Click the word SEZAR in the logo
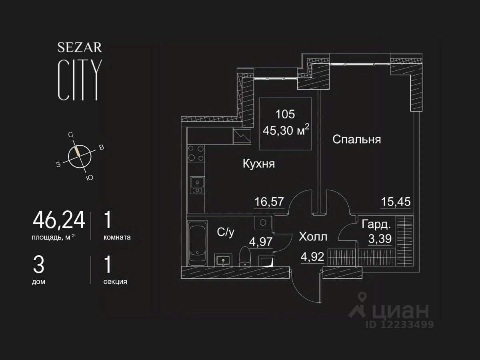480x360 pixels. [80, 48]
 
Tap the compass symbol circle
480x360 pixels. [80, 156]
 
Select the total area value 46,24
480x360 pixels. [59, 220]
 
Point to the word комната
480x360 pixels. [117, 237]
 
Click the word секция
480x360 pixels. [115, 282]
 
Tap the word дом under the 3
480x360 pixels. [38, 282]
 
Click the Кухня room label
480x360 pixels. [259, 164]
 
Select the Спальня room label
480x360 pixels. [356, 140]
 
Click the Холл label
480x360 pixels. [313, 237]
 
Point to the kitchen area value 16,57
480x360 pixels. [269, 202]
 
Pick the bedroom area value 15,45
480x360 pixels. [395, 202]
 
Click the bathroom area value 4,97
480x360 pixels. [261, 242]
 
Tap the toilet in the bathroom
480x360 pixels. [244, 256]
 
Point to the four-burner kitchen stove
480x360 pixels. [196, 153]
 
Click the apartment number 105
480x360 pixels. [285, 114]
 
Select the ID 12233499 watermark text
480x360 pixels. [399, 324]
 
